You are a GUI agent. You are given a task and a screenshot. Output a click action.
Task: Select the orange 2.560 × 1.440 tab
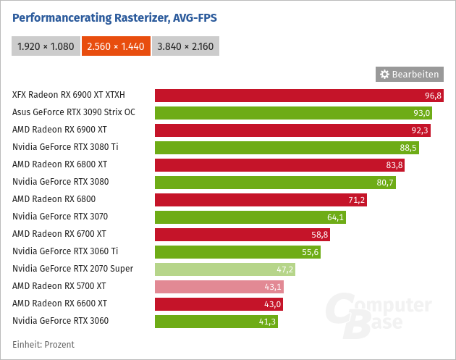coord(115,46)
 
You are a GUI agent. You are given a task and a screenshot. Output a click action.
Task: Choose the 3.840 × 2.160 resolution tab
coord(185,46)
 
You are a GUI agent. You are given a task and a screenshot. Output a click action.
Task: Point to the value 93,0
coord(422,112)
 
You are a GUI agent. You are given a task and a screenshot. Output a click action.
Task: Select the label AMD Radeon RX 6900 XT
coord(59,130)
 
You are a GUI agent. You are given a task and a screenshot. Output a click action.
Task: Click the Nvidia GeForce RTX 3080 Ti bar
coord(287,147)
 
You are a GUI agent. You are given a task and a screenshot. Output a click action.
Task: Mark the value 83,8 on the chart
coord(395,164)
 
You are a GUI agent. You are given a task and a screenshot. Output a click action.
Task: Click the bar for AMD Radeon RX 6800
coord(261,199)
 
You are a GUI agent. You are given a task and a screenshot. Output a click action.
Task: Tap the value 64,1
coord(336,217)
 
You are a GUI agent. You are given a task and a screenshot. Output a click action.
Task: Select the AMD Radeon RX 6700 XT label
coord(59,234)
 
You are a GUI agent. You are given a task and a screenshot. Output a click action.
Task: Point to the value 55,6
coord(311,251)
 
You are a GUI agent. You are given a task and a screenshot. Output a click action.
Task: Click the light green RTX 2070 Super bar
coord(225,269)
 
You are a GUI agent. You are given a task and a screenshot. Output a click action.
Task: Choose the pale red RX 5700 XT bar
coord(219,286)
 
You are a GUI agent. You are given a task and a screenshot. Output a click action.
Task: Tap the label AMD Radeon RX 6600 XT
coord(59,304)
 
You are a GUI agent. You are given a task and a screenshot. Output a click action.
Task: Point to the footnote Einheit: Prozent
coord(43,345)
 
